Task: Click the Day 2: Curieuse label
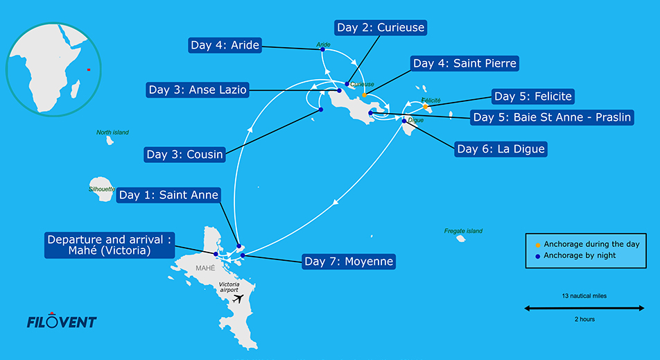[380, 28]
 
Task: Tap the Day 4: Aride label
[225, 46]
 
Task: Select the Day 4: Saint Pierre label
[464, 64]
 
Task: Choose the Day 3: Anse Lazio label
[198, 90]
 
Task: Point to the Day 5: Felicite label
[533, 96]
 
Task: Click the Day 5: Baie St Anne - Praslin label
[553, 117]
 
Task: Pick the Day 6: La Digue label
[501, 148]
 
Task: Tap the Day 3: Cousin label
[185, 155]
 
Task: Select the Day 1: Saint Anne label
[168, 196]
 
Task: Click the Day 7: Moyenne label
[349, 262]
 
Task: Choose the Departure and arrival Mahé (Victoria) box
[110, 245]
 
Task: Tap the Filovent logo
[61, 321]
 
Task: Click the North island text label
[112, 132]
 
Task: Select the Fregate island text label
[464, 231]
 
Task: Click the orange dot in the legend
[539, 244]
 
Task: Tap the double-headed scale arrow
[580, 307]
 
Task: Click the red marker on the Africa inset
[89, 69]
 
